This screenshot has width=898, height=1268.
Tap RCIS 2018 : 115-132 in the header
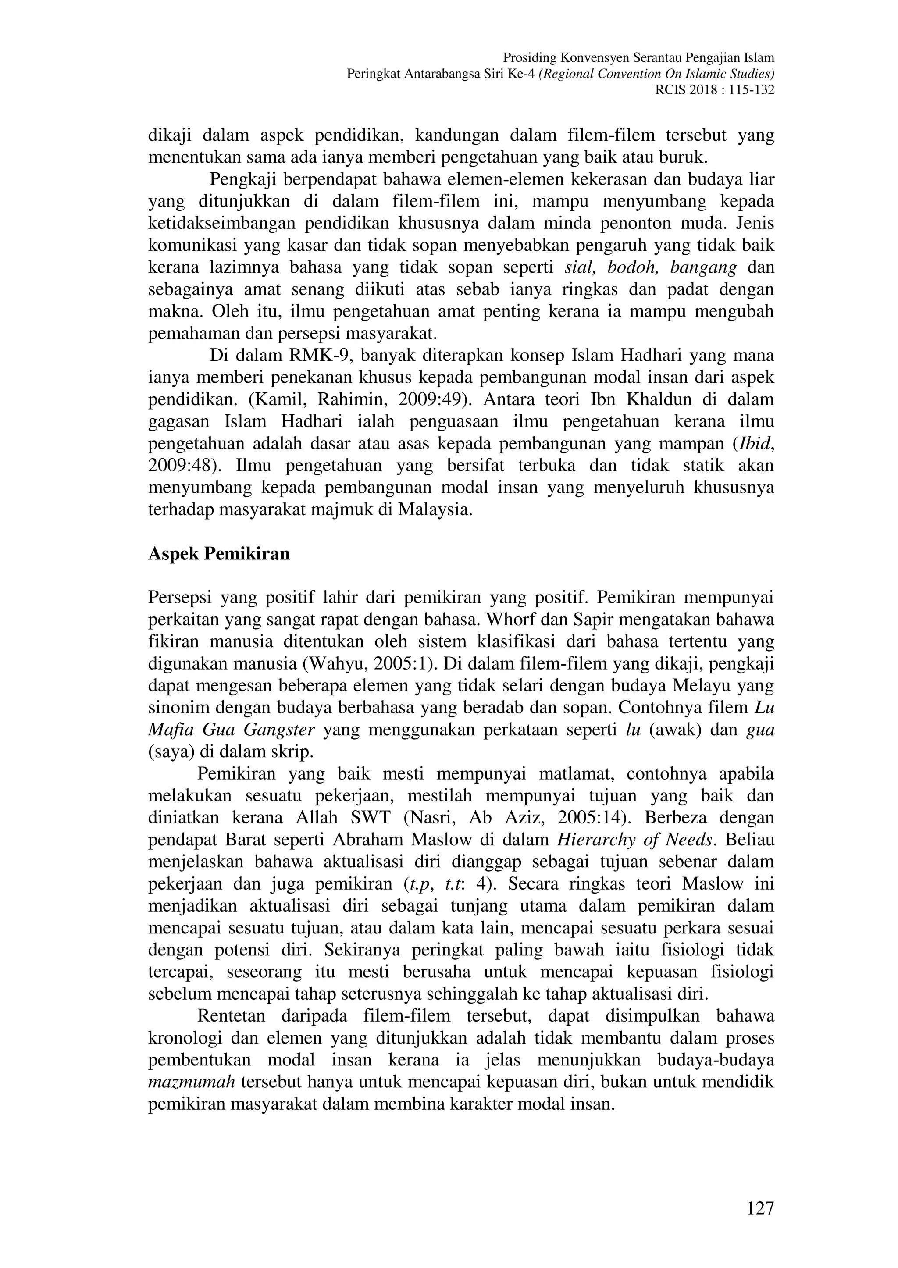(x=714, y=89)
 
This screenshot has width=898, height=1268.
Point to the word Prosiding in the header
(x=529, y=57)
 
